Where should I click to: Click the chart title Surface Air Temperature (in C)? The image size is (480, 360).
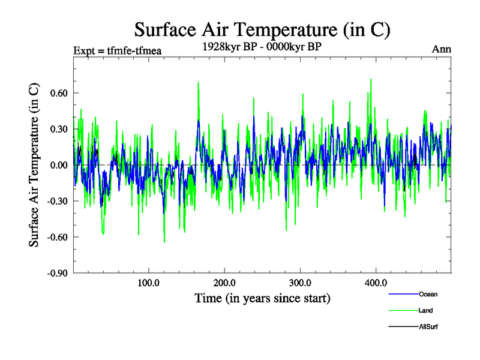[262, 29]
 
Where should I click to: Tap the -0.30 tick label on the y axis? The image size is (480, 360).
[55, 201]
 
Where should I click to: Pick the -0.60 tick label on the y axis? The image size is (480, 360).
[55, 237]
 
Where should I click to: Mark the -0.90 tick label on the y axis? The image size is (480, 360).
[55, 273]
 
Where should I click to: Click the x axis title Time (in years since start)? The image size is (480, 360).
[262, 298]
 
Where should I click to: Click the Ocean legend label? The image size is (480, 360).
[428, 294]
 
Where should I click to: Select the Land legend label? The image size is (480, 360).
[426, 310]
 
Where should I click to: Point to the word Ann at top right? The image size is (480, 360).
[442, 49]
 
